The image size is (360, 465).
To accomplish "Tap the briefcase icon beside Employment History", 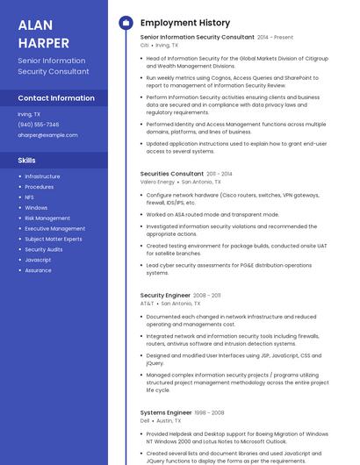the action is pyautogui.click(x=125, y=22).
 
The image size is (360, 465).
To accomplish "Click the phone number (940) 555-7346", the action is pyautogui.click(x=39, y=125).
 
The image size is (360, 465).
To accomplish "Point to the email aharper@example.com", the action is pyautogui.click(x=47, y=135).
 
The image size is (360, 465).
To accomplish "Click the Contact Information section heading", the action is pyautogui.click(x=56, y=98).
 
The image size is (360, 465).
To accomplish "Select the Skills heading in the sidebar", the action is pyautogui.click(x=27, y=161).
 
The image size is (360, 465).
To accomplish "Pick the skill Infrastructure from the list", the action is pyautogui.click(x=42, y=176).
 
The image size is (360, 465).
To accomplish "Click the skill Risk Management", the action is pyautogui.click(x=47, y=218).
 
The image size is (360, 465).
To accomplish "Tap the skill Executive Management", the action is pyautogui.click(x=54, y=228).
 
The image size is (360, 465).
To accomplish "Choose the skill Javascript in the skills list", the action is pyautogui.click(x=38, y=260).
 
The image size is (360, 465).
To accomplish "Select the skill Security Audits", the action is pyautogui.click(x=44, y=249).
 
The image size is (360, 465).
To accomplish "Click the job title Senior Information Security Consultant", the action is pyautogui.click(x=197, y=38).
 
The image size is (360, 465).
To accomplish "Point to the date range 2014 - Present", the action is pyautogui.click(x=275, y=38).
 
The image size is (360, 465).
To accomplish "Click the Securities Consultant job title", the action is pyautogui.click(x=172, y=174).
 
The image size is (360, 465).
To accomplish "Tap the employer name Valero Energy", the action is pyautogui.click(x=157, y=182).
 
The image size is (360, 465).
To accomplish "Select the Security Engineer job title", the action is pyautogui.click(x=165, y=296).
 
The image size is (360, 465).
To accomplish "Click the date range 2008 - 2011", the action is pyautogui.click(x=207, y=296).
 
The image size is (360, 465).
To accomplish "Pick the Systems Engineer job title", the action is pyautogui.click(x=166, y=412).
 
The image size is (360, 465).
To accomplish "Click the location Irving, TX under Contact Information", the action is pyautogui.click(x=29, y=114).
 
